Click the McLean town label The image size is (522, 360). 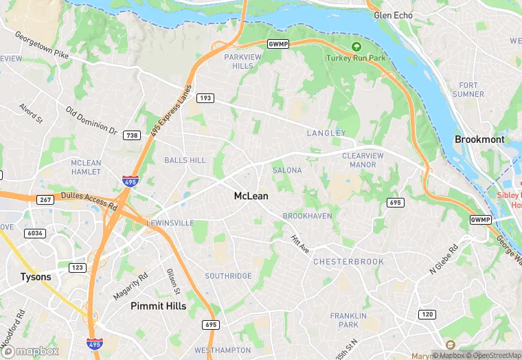point(251,196)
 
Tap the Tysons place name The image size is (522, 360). point(35,277)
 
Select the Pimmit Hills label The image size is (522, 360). point(158,306)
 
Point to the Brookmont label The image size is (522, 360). point(479,139)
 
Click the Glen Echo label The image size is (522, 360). point(393,15)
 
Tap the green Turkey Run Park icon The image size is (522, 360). point(356,47)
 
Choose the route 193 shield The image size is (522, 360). point(205,98)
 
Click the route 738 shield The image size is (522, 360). point(132,135)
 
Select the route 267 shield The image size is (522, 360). point(45,200)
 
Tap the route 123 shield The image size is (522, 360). point(76,267)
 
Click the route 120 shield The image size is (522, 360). point(427,314)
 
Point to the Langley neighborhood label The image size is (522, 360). point(326,133)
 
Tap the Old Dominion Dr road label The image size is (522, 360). point(91,119)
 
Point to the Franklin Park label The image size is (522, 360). point(343,319)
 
